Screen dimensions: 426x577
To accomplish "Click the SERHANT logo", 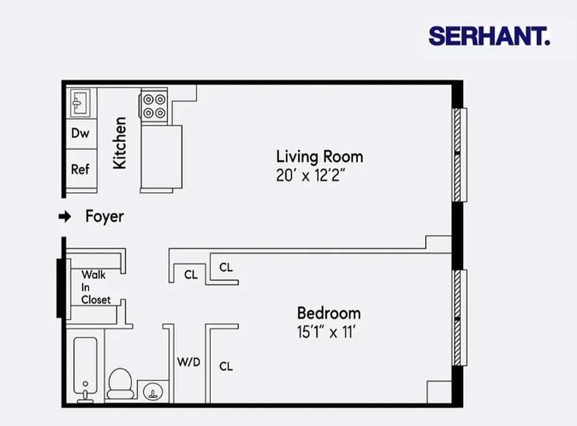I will tap(489, 36).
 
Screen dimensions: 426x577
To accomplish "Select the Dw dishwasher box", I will tap(80, 133).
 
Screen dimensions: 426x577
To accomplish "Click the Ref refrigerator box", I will tap(80, 169).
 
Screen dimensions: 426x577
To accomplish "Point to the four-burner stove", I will tap(154, 105).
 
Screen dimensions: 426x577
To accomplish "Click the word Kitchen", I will tap(120, 143).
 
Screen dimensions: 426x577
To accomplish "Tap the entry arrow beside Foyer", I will tap(64, 216).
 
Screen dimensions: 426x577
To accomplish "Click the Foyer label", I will tap(104, 216).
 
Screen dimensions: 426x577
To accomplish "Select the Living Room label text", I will tap(319, 157).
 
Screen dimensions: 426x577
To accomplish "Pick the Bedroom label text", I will tap(328, 313).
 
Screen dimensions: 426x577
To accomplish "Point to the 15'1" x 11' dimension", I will tap(326, 332).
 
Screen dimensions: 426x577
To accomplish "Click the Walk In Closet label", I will tap(95, 288).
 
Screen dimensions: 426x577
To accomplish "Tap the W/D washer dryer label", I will tap(189, 363).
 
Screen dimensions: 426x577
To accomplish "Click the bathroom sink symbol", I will tap(153, 393).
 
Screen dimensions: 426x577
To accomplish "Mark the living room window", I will tap(459, 154).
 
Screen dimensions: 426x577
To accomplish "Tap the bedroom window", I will tap(459, 318).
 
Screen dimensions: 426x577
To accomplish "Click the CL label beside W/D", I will tap(226, 366).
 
